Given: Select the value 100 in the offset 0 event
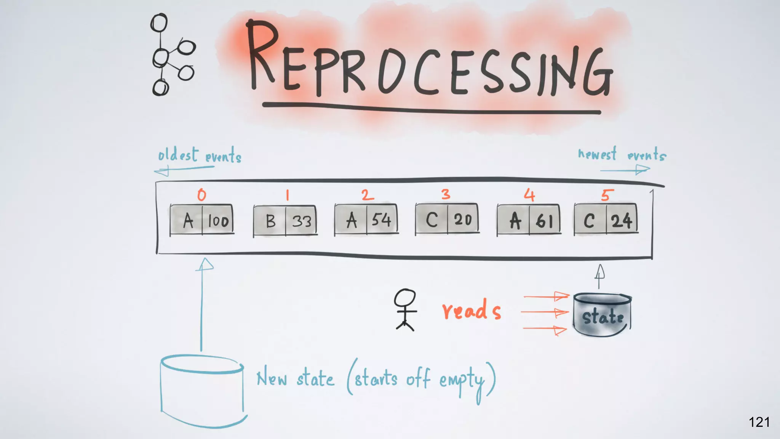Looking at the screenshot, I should (218, 221).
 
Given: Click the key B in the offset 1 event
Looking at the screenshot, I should (270, 221).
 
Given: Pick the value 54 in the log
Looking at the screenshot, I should (381, 220).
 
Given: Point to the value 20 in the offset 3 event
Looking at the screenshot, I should (463, 219).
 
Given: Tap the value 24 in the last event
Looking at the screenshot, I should (622, 221).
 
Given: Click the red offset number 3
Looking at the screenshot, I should (446, 194).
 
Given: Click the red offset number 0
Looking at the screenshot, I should (201, 195).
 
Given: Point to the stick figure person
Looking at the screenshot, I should (405, 309).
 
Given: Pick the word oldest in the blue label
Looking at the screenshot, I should (178, 155).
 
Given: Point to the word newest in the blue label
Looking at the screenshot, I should (597, 154).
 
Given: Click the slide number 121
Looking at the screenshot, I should (759, 422).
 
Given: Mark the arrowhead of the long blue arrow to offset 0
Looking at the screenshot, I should (205, 264).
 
